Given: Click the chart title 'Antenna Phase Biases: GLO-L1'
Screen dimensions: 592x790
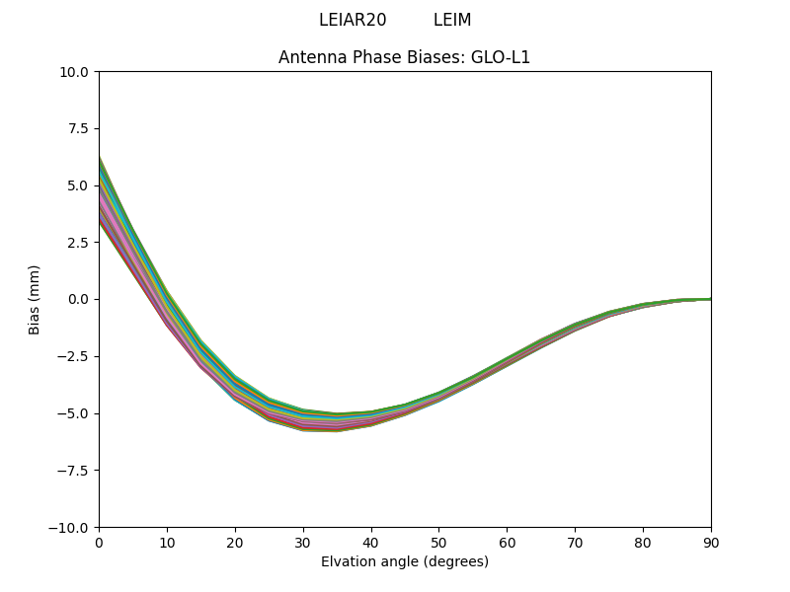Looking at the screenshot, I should click(404, 57).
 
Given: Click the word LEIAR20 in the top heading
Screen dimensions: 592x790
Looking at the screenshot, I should click(353, 21).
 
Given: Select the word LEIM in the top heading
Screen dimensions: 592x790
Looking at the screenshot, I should click(452, 21).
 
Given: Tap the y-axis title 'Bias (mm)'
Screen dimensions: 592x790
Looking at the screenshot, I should click(35, 299).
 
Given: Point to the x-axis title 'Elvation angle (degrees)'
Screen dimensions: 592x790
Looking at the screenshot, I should click(404, 562).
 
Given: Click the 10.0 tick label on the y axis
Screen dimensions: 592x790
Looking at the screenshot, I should click(76, 72).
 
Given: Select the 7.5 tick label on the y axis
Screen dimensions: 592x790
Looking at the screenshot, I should click(79, 128).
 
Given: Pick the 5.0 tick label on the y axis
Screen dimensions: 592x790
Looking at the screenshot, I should click(79, 185).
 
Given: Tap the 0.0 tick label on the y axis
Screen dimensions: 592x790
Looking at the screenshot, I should click(79, 299).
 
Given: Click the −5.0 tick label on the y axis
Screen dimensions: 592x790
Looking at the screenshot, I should click(75, 413).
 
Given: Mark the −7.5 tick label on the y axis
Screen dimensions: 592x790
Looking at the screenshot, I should click(75, 471).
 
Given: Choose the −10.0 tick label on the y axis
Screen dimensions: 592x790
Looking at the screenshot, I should click(71, 528).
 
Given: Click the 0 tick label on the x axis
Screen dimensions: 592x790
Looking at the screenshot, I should click(99, 543).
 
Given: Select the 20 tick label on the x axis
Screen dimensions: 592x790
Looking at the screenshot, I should click(235, 543).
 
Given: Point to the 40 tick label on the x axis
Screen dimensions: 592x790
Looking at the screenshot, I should click(371, 543).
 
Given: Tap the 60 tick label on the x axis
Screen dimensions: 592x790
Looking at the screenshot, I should click(507, 543).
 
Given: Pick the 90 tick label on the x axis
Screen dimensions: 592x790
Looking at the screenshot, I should click(711, 543).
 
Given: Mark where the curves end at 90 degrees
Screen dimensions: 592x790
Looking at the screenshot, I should click(710, 299).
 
